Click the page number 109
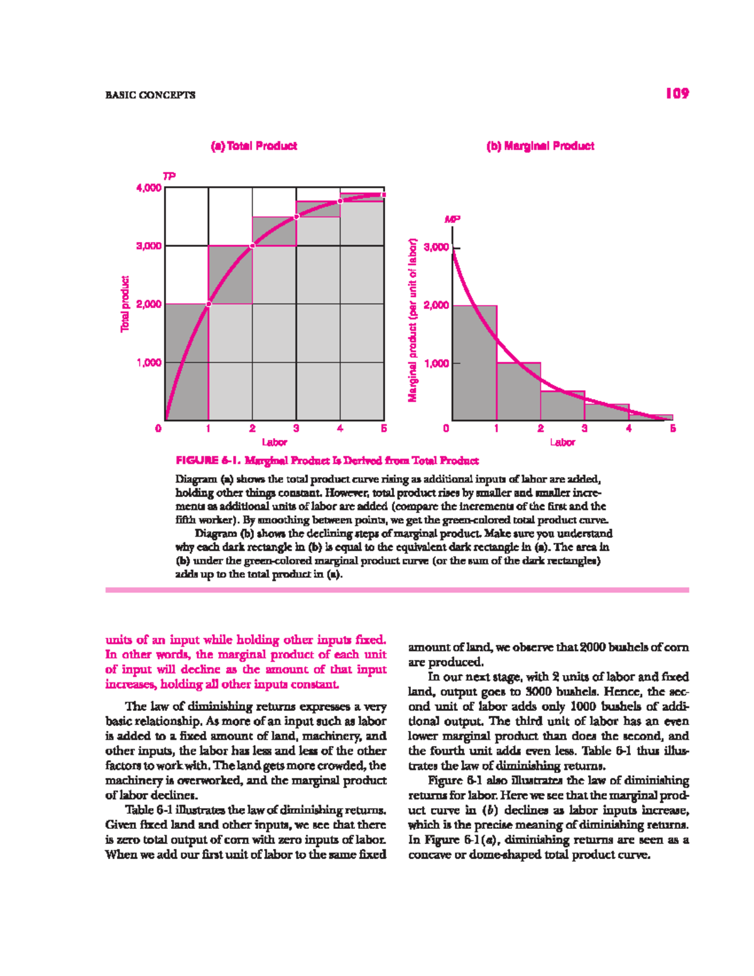pyautogui.click(x=677, y=94)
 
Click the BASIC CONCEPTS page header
pyautogui.click(x=150, y=95)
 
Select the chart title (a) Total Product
pyautogui.click(x=254, y=146)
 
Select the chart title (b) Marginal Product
pyautogui.click(x=540, y=146)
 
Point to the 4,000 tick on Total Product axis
pyautogui.click(x=149, y=188)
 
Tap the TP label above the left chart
pyautogui.click(x=169, y=176)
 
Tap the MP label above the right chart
pyautogui.click(x=452, y=219)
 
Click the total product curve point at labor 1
pyautogui.click(x=209, y=304)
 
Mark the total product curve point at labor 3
pyautogui.click(x=297, y=217)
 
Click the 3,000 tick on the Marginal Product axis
pyautogui.click(x=436, y=247)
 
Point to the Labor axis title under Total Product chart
pyautogui.click(x=274, y=442)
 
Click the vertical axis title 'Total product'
pyautogui.click(x=125, y=304)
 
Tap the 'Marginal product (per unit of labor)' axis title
pyautogui.click(x=413, y=321)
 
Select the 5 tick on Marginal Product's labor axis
pyautogui.click(x=672, y=429)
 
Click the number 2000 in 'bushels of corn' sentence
pyautogui.click(x=593, y=647)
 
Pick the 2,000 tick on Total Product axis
pyautogui.click(x=149, y=304)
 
